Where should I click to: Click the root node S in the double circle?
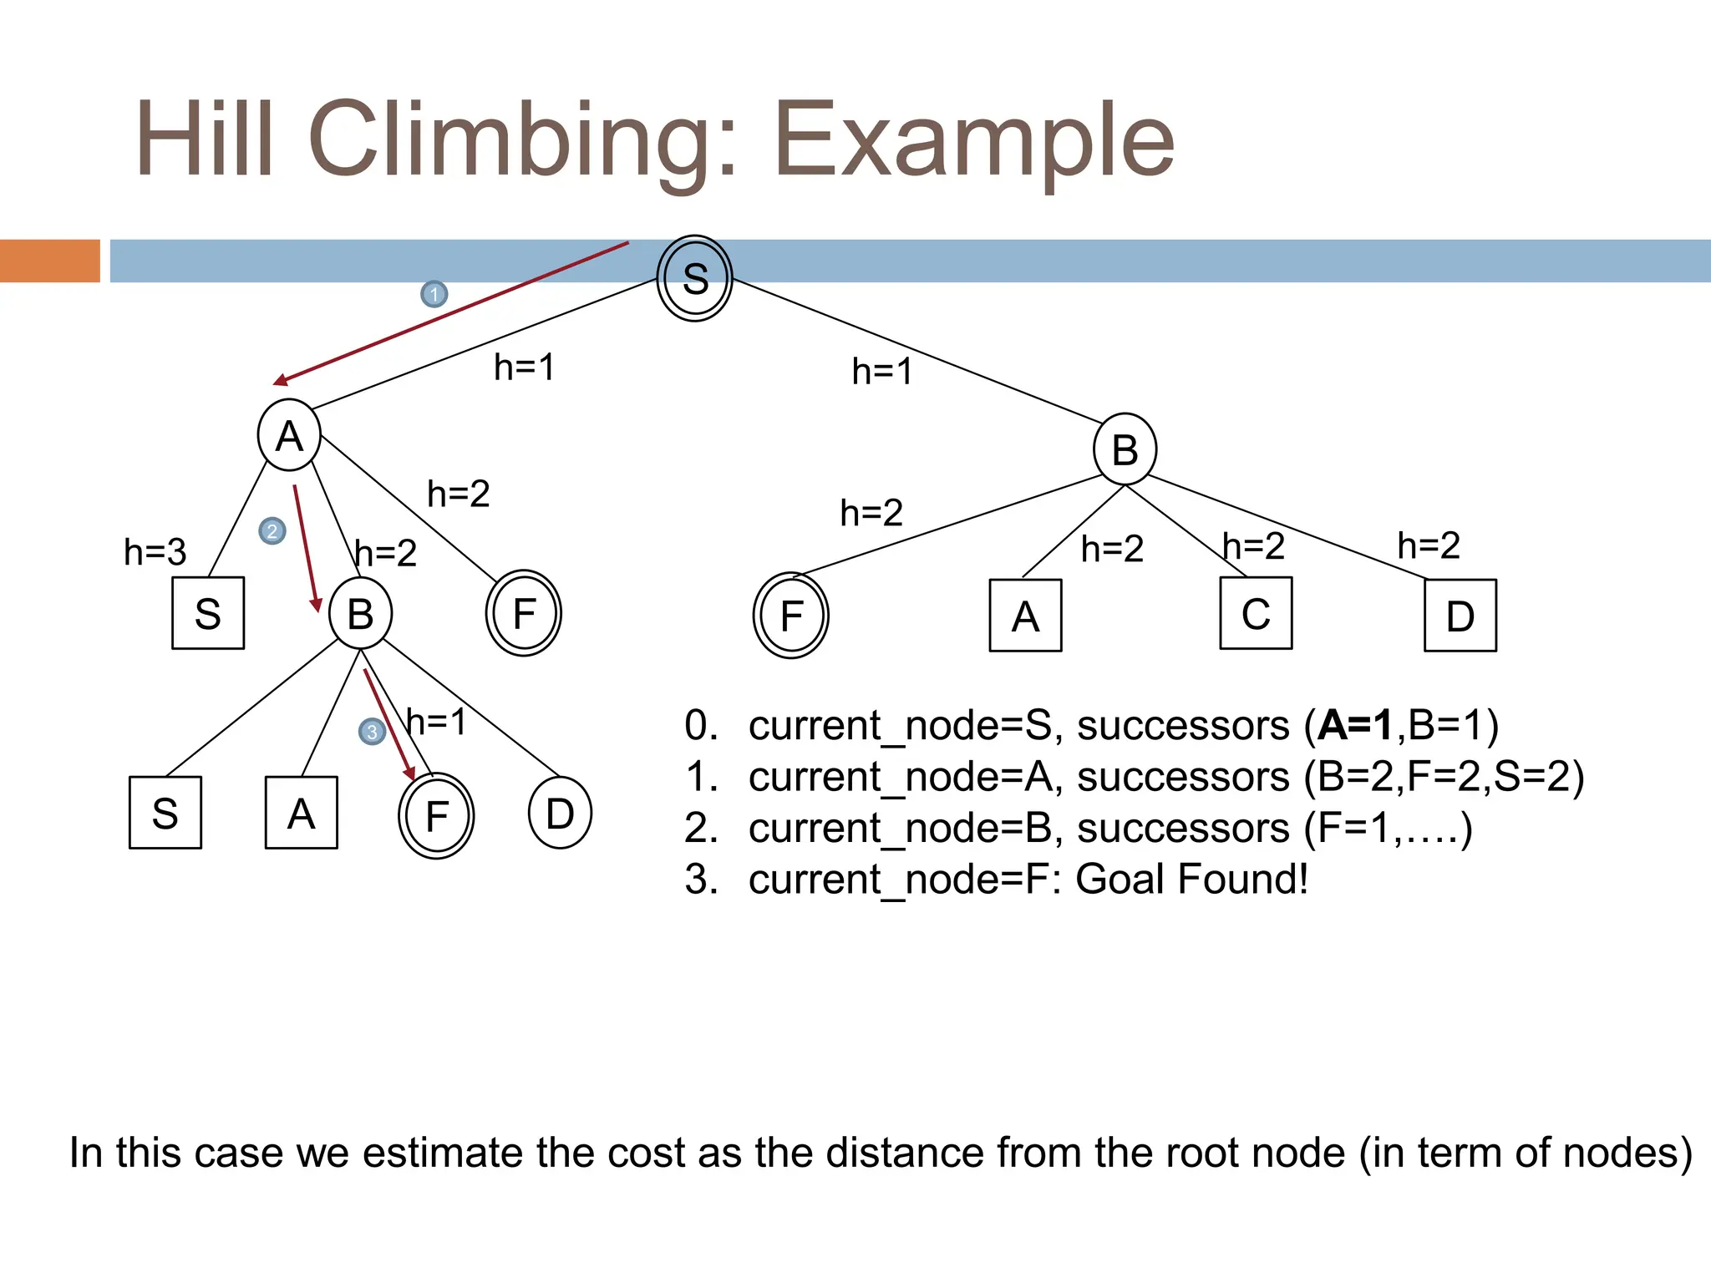(x=694, y=278)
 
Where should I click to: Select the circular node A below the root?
(x=289, y=435)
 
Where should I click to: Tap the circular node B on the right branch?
(x=1125, y=449)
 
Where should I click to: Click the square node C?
(x=1256, y=613)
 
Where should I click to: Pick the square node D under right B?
(x=1460, y=616)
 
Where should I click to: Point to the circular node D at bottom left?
(x=560, y=813)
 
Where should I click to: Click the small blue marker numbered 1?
(x=434, y=294)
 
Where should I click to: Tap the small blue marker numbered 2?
(x=272, y=531)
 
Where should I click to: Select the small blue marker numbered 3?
(x=372, y=732)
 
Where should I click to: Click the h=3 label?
(x=155, y=552)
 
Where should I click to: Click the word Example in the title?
(x=974, y=139)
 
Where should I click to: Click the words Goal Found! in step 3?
(x=1191, y=879)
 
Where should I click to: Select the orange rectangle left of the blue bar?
(x=50, y=261)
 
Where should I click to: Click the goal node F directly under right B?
(x=790, y=616)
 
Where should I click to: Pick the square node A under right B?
(x=1025, y=616)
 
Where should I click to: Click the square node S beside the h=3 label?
(x=208, y=613)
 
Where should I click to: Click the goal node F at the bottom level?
(x=436, y=815)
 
